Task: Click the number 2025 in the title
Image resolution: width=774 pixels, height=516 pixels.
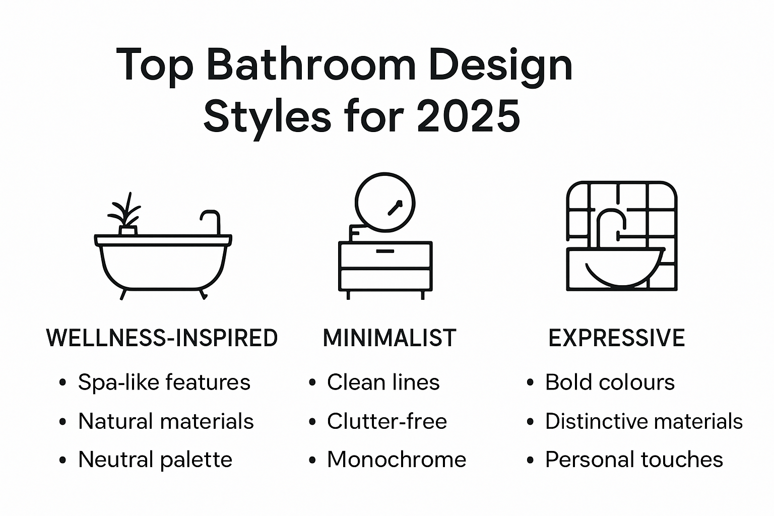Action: tap(469, 116)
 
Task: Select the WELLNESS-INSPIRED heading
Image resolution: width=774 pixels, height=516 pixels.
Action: tap(162, 338)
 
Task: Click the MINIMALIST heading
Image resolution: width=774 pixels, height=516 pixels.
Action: tap(389, 338)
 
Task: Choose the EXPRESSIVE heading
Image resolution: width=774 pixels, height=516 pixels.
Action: tap(616, 338)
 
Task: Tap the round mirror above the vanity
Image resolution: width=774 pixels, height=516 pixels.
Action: tap(385, 202)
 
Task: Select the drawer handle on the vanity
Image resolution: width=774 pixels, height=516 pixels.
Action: tap(385, 250)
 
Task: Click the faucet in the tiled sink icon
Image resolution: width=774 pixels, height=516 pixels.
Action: tap(611, 222)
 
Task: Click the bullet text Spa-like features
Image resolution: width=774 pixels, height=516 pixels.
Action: tap(164, 382)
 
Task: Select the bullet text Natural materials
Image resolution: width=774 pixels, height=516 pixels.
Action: tap(166, 421)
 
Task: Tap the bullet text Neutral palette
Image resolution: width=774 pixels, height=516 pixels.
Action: tap(155, 460)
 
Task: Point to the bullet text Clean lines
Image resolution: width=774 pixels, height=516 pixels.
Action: tap(383, 382)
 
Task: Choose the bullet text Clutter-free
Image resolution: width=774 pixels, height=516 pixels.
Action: tap(386, 421)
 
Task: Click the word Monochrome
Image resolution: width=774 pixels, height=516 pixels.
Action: tap(397, 460)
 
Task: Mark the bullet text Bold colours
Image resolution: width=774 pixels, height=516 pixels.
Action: tap(610, 382)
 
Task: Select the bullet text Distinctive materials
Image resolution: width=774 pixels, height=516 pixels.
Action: tap(643, 421)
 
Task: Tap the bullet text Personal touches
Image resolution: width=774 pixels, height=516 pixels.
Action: tap(634, 460)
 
